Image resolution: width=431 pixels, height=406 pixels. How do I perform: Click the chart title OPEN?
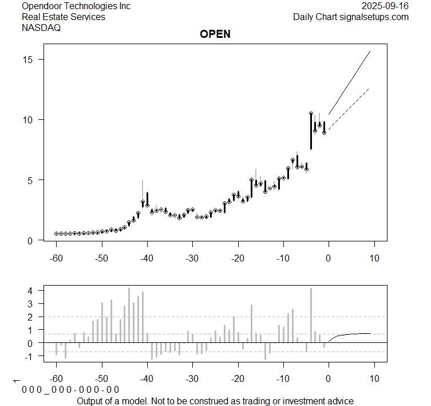(x=215, y=34)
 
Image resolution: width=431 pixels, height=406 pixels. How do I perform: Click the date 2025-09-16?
(x=385, y=6)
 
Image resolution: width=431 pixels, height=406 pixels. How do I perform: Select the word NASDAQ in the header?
(x=41, y=28)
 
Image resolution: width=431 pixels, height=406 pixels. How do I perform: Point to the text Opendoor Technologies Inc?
(x=76, y=6)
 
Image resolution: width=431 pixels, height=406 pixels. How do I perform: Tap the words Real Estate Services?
(x=64, y=17)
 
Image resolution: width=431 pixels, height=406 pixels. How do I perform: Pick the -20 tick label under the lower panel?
(x=238, y=379)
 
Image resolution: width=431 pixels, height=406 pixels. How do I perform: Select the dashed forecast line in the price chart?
(x=350, y=109)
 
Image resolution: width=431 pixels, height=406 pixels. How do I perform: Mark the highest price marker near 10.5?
(x=311, y=114)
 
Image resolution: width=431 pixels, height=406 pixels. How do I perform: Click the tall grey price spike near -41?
(x=143, y=189)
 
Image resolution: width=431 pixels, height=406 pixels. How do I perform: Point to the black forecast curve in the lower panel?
(x=355, y=334)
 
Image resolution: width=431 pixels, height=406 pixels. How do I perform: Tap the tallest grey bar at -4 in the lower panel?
(x=311, y=315)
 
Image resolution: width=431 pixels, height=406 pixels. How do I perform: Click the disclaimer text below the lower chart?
(x=215, y=401)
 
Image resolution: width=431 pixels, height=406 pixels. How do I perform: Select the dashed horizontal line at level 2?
(x=172, y=317)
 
